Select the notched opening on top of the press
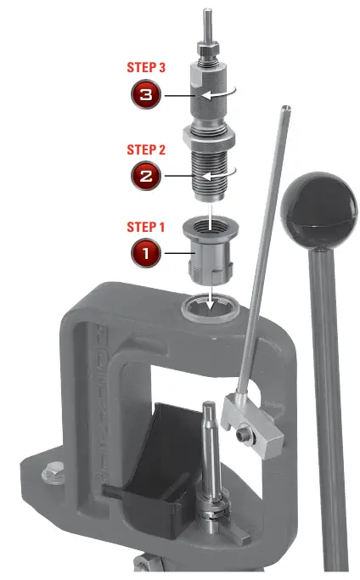(208, 307)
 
